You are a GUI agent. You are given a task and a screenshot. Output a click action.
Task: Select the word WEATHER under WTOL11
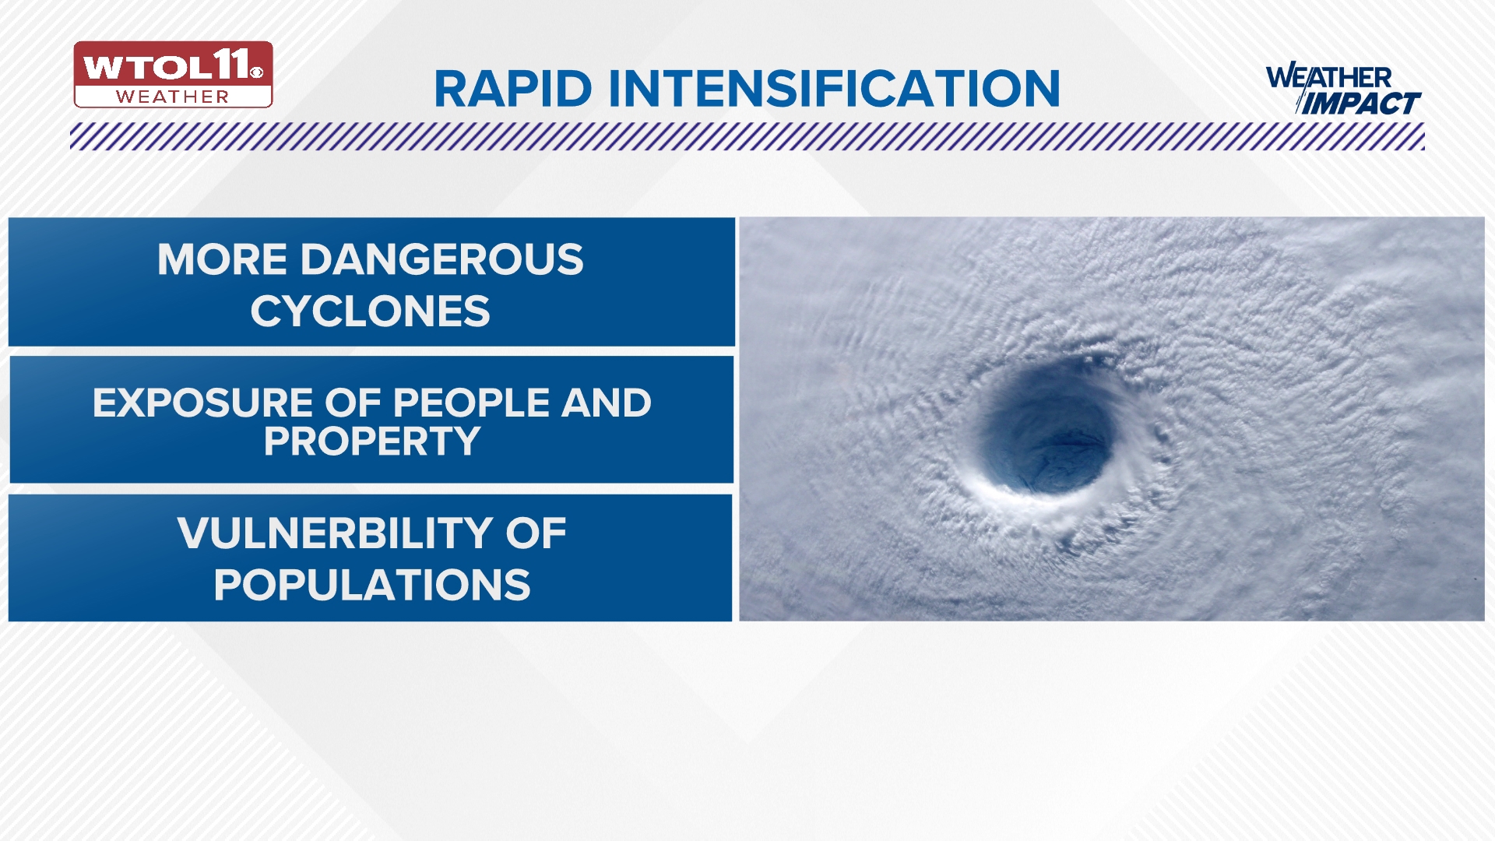click(172, 97)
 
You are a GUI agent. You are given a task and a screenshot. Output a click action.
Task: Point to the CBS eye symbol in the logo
click(257, 72)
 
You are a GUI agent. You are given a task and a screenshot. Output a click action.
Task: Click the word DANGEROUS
click(441, 259)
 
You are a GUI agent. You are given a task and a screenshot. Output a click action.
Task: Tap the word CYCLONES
click(370, 311)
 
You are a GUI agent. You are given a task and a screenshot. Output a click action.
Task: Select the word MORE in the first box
click(223, 259)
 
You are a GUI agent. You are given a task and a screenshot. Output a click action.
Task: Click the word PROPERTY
click(371, 442)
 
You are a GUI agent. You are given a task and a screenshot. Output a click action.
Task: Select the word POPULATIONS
click(371, 585)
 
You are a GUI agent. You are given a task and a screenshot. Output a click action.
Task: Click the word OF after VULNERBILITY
click(536, 533)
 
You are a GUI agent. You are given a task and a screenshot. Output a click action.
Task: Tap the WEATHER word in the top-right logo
click(1328, 78)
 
